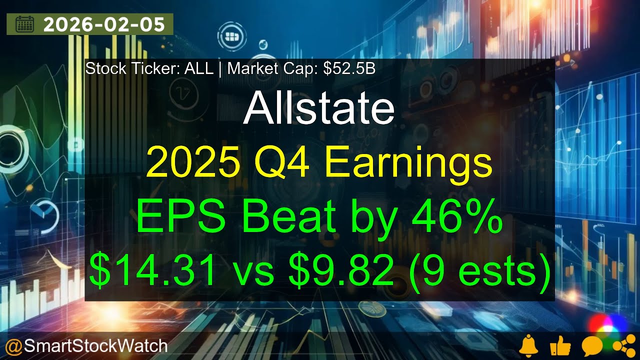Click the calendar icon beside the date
coord(24,24)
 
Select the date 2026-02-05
coord(104,24)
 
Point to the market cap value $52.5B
coord(349,68)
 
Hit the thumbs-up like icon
coord(559,346)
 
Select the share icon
coord(621,346)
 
